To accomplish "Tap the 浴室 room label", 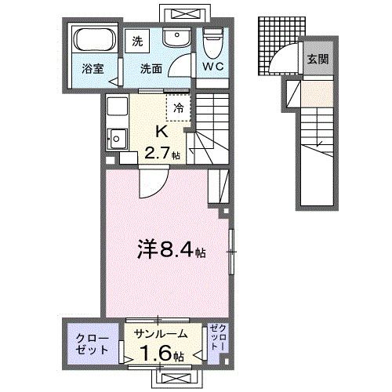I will pyautogui.click(x=93, y=69).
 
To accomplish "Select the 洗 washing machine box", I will pyautogui.click(x=138, y=40).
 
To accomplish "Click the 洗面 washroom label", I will pyautogui.click(x=151, y=68).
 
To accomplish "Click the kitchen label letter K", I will pyautogui.click(x=162, y=132).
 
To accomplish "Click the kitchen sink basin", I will pyautogui.click(x=119, y=140).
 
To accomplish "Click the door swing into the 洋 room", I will pyautogui.click(x=149, y=187).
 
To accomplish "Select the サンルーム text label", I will pyautogui.click(x=161, y=333).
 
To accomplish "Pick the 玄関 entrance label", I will pyautogui.click(x=318, y=59).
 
